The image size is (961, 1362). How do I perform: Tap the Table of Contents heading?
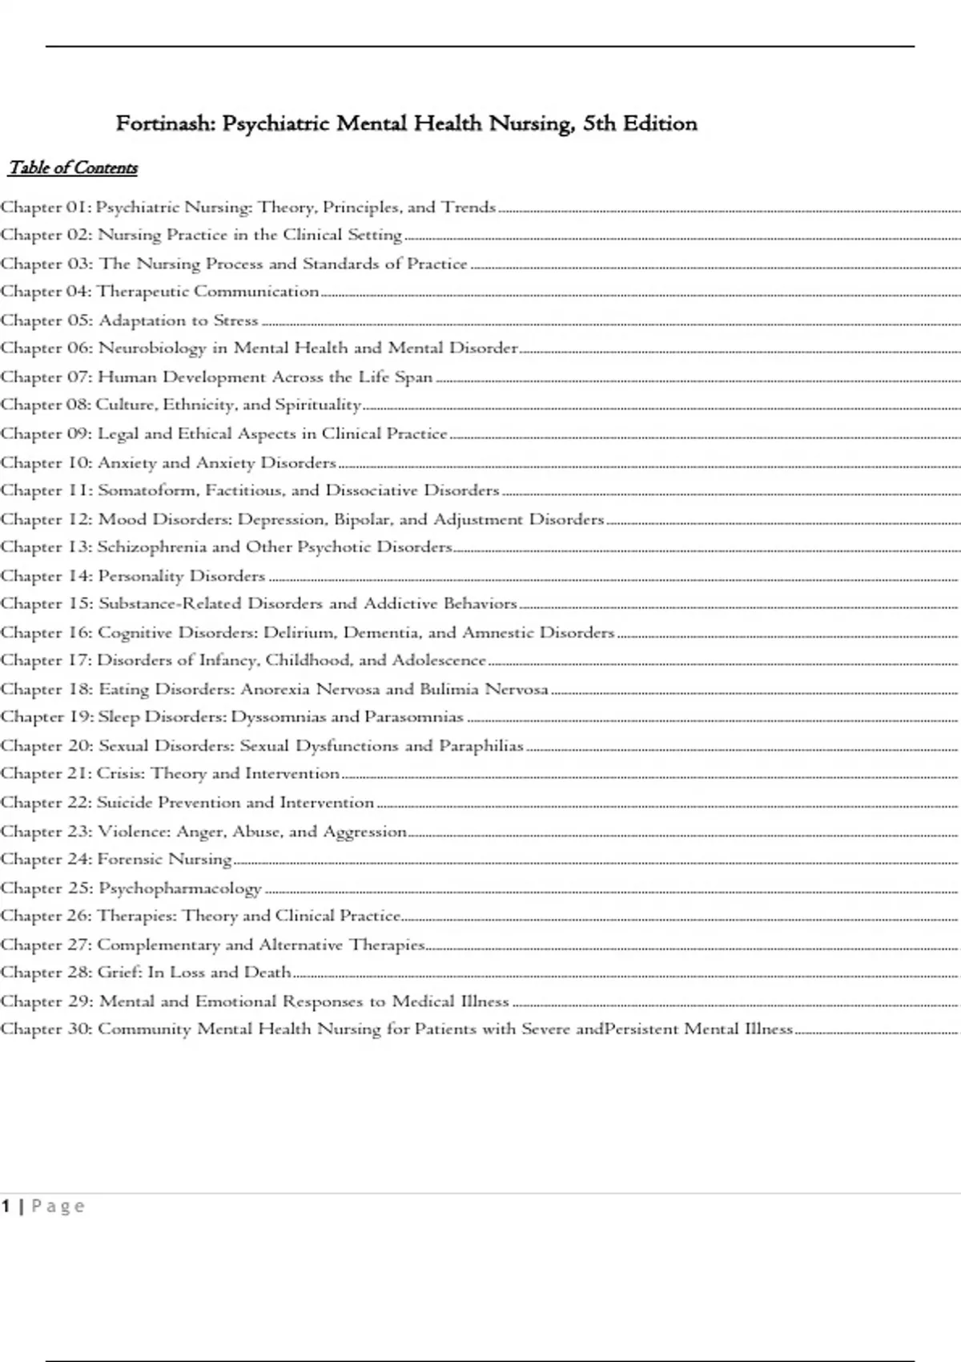73,167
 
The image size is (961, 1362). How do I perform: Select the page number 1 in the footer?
6,1206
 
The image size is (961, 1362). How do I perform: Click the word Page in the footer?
58,1206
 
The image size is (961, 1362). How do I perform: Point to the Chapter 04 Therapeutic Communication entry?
160,292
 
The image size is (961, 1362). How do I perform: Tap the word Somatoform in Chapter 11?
147,490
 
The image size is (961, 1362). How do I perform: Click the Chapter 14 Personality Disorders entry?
133,576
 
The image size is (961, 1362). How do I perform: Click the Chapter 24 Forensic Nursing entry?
116,860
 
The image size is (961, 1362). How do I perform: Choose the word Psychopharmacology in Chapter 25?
180,889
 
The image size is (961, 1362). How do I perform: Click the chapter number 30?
80,1030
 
